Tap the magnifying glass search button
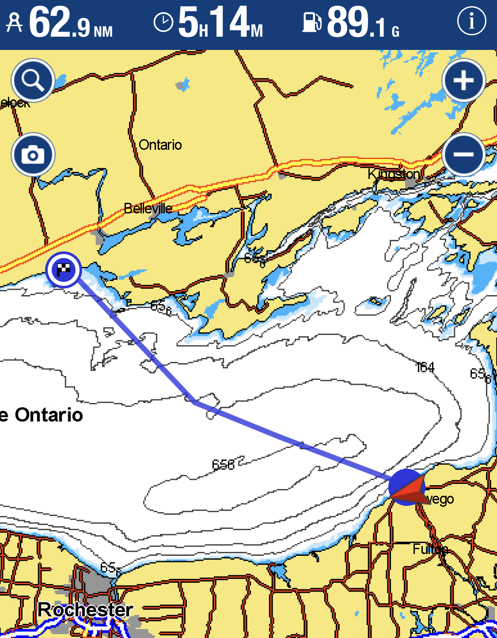(33, 80)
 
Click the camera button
(33, 155)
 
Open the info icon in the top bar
(471, 21)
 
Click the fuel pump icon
(312, 22)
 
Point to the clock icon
(163, 23)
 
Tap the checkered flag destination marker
(64, 270)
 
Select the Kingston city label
(394, 174)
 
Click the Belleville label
(148, 208)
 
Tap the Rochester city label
(85, 610)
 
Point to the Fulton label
(430, 549)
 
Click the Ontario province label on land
(160, 145)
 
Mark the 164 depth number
(425, 368)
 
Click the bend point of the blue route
(194, 402)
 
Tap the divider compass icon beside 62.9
(14, 23)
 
